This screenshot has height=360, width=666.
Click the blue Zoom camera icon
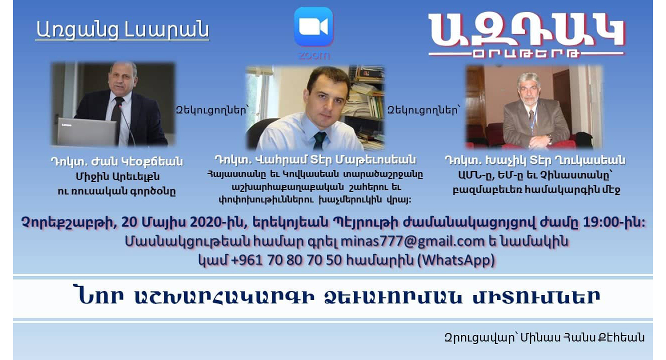[x=314, y=27]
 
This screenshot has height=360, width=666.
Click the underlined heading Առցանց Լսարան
[x=122, y=30]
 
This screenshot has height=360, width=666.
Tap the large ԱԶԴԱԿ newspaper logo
[x=526, y=36]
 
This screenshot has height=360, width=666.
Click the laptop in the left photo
[x=86, y=131]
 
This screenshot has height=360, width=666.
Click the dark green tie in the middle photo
[x=319, y=140]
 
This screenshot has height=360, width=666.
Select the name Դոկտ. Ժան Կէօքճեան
[x=117, y=162]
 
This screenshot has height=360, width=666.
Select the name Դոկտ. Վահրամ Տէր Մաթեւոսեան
[x=315, y=160]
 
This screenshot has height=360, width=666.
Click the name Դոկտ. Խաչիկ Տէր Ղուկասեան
[x=535, y=161]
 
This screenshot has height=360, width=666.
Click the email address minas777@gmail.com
[x=412, y=241]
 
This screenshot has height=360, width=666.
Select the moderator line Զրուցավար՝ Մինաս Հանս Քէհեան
[x=544, y=337]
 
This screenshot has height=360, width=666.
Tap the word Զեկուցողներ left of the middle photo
[x=211, y=110]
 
